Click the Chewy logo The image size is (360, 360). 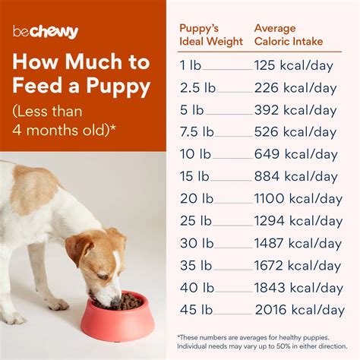tap(46, 32)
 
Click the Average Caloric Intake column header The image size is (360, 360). tap(289, 34)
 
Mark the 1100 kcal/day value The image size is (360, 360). tap(298, 200)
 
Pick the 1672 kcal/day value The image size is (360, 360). tap(298, 267)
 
